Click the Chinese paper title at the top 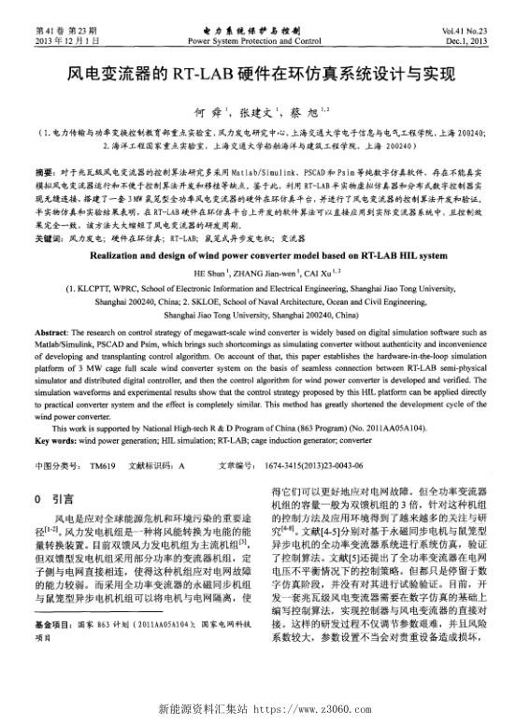coord(265,72)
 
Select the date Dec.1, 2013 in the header coord(477,42)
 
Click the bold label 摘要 coord(44,173)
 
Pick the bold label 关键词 coord(49,238)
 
